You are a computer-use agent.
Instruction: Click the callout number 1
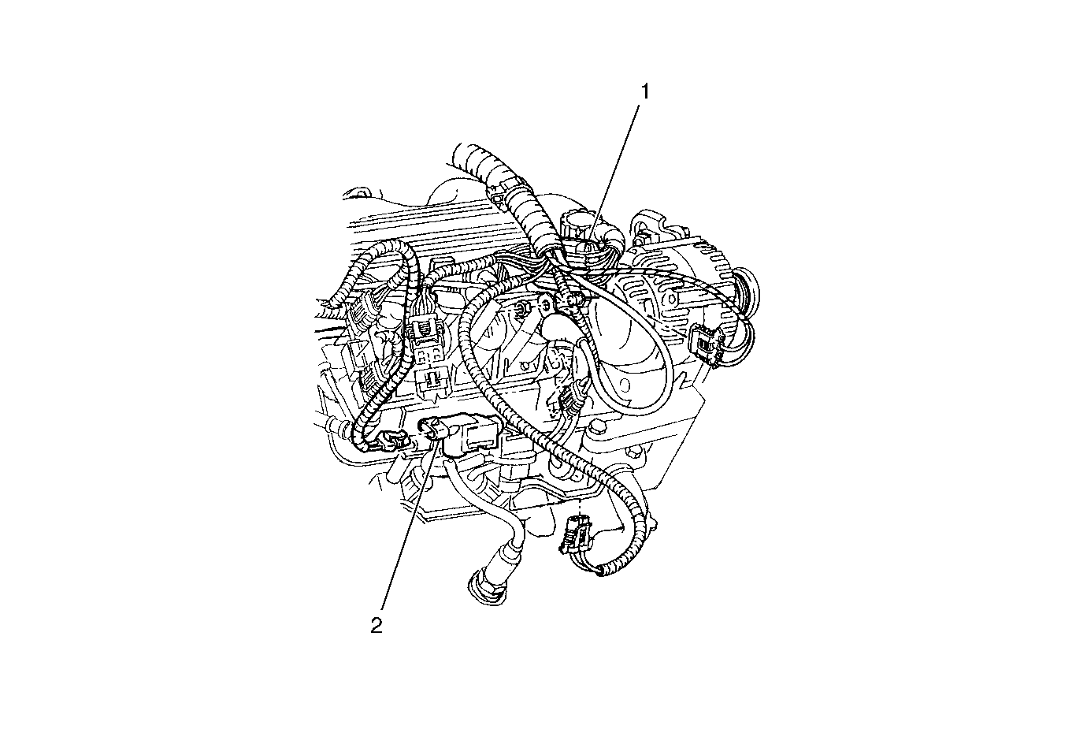[x=645, y=91]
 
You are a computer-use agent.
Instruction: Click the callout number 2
[x=377, y=626]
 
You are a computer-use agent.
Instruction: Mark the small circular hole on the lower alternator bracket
[x=524, y=364]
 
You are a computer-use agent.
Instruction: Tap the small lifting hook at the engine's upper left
[x=356, y=193]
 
